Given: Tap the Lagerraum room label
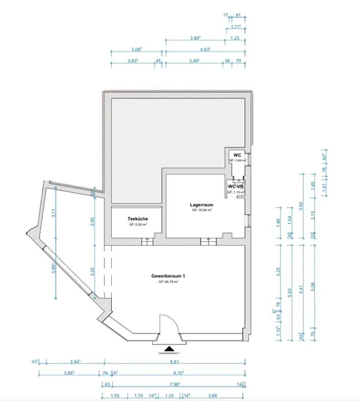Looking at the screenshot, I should point(201,204).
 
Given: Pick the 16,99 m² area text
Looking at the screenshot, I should point(201,210).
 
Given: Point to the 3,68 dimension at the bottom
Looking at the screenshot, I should point(213,395).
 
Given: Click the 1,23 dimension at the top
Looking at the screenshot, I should point(235,39).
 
